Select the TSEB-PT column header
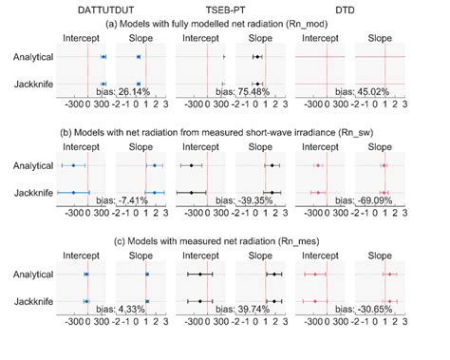225,9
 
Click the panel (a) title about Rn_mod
225,24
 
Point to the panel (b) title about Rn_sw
225,133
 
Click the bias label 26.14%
140,93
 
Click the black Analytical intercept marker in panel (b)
193,166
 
